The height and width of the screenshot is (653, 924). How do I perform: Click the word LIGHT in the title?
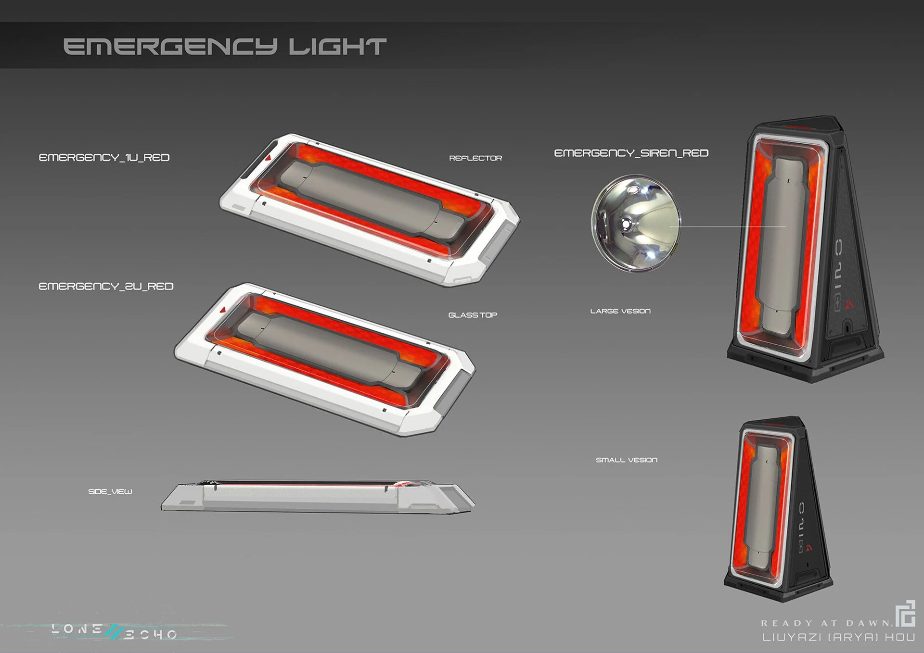(337, 47)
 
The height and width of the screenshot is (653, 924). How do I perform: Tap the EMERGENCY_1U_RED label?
(104, 158)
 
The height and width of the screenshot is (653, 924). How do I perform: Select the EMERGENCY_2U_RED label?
(106, 287)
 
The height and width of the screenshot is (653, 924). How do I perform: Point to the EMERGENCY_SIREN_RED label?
(631, 153)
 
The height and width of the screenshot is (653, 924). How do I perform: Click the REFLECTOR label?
(475, 158)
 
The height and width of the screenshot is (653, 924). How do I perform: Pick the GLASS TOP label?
(473, 315)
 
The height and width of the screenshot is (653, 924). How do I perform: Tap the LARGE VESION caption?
(620, 311)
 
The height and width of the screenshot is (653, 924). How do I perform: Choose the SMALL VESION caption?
(626, 460)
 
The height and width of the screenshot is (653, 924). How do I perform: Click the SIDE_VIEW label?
(110, 491)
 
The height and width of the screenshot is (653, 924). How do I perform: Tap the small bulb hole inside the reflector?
(626, 223)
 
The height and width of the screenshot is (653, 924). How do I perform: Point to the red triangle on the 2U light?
(222, 310)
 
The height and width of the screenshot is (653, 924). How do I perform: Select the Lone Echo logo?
(114, 631)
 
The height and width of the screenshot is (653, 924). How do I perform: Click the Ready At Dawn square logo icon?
(905, 614)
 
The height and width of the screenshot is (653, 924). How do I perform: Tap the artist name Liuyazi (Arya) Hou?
(838, 637)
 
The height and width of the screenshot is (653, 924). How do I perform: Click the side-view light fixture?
(318, 496)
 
